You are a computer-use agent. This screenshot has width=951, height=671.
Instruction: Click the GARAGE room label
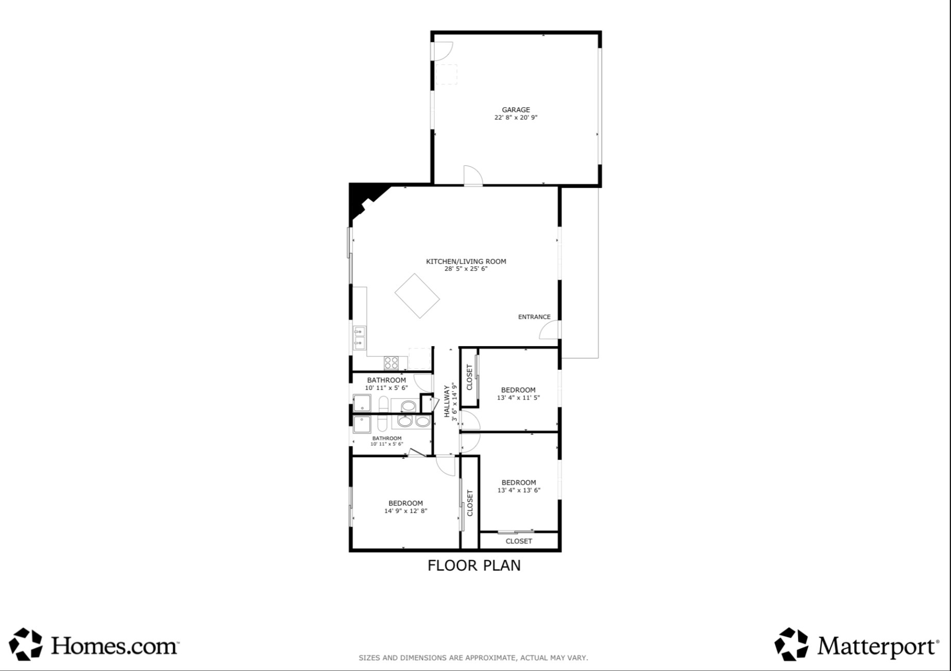tap(516, 110)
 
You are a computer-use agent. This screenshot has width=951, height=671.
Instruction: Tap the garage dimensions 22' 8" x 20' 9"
tap(516, 117)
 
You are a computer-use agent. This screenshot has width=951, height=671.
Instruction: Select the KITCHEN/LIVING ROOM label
tap(466, 261)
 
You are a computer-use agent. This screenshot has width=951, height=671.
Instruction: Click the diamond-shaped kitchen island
tap(417, 296)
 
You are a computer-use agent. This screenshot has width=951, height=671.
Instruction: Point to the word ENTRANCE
tap(534, 317)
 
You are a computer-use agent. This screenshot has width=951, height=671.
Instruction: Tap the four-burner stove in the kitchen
tap(391, 363)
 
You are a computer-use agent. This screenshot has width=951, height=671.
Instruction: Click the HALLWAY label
tap(447, 402)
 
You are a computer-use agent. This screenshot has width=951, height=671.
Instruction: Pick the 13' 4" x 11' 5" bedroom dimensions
tap(518, 398)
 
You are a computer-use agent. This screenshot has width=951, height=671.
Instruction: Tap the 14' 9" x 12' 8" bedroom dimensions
tap(405, 511)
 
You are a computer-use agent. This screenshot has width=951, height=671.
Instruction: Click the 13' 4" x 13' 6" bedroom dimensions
tap(519, 490)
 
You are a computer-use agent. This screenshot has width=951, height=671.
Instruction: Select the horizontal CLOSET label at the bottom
tap(519, 541)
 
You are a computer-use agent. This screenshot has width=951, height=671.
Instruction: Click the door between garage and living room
tap(472, 176)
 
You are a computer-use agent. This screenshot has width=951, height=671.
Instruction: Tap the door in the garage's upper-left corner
tap(442, 50)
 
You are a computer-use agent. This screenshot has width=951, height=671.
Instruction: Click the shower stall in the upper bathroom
tap(362, 403)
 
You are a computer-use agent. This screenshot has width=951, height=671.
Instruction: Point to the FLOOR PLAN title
tap(474, 565)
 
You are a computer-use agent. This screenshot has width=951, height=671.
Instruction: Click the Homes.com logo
tap(94, 644)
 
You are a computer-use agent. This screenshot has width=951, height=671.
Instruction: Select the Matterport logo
tap(856, 644)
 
